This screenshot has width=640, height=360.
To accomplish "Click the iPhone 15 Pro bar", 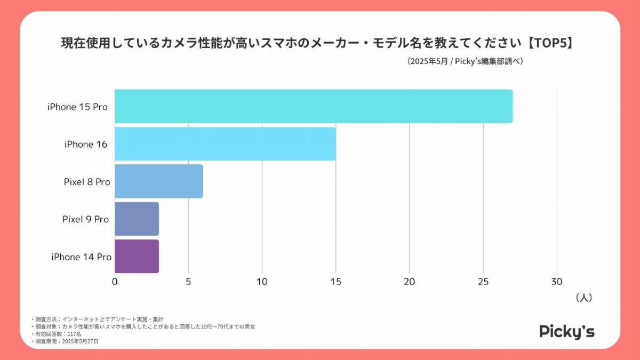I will point(314,106).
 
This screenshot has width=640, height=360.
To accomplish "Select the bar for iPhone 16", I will point(225,144).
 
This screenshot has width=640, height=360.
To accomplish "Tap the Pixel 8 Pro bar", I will point(159,181).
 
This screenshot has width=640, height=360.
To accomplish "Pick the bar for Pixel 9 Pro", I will point(137,219).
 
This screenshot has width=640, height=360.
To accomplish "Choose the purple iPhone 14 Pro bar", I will point(137,257).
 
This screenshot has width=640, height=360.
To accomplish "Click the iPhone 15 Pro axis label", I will point(77,107).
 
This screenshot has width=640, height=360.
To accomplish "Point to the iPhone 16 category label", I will point(86,144).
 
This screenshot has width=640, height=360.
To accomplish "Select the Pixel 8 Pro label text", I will point(87,182).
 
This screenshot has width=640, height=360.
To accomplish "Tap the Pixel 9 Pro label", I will point(85,219).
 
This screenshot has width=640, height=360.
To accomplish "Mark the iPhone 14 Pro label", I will point(81,257).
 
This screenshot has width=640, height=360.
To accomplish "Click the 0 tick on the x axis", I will point(115,282).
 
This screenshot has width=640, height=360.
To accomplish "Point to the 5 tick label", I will point(188,282).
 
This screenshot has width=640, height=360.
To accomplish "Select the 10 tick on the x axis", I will point(262,282).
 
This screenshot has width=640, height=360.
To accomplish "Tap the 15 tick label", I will point(335,282).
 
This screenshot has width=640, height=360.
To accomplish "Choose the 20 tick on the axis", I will point(409,282).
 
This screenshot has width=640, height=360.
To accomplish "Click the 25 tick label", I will point(483,282).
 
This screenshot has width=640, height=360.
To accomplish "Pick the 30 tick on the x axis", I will point(556,282).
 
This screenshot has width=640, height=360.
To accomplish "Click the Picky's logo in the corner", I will point(567,331).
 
